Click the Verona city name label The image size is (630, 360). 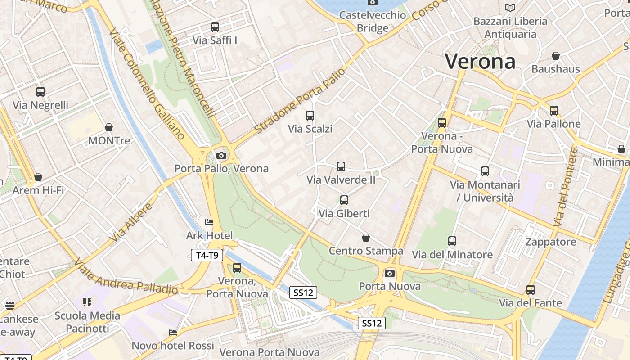pyautogui.click(x=480, y=61)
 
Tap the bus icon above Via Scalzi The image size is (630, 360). pyautogui.click(x=310, y=115)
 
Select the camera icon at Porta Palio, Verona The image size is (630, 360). pyautogui.click(x=221, y=155)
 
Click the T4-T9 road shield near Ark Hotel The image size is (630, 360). pyautogui.click(x=207, y=256)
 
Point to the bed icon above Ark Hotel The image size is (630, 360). pyautogui.click(x=209, y=222)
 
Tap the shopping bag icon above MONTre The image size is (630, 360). pyautogui.click(x=108, y=127)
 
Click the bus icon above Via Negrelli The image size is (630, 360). pyautogui.click(x=40, y=92)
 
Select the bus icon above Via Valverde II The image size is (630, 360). pyautogui.click(x=341, y=166)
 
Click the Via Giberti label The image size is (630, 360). pyautogui.click(x=344, y=213)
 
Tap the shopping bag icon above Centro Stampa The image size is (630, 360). pyautogui.click(x=366, y=237)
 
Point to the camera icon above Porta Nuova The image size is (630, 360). pyautogui.click(x=390, y=273)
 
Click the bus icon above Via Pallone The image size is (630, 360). pyautogui.click(x=553, y=110)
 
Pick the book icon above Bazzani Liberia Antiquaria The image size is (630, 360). pyautogui.click(x=510, y=8)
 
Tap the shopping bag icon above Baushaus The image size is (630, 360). pyautogui.click(x=556, y=56)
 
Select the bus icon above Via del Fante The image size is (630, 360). pyautogui.click(x=531, y=289)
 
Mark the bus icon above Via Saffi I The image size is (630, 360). pyautogui.click(x=215, y=27)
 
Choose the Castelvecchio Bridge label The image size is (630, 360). pyautogui.click(x=373, y=21)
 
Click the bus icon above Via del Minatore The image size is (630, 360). pyautogui.click(x=452, y=241)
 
